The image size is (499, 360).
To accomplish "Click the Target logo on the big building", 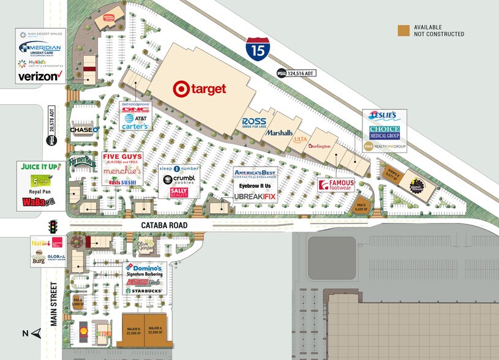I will pyautogui.click(x=200, y=89).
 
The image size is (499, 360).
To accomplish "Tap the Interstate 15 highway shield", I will pyautogui.click(x=257, y=48).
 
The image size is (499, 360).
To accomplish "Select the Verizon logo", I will pyautogui.click(x=40, y=77).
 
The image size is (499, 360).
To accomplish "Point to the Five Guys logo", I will pyautogui.click(x=122, y=159).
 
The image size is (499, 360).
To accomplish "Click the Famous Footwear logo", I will pyautogui.click(x=336, y=184).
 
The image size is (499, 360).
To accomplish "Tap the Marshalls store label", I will pyautogui.click(x=279, y=133).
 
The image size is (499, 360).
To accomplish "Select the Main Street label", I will pyautogui.click(x=53, y=304).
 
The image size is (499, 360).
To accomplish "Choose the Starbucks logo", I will pyautogui.click(x=144, y=290).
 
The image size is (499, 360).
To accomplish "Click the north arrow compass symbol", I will pyautogui.click(x=36, y=333).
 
